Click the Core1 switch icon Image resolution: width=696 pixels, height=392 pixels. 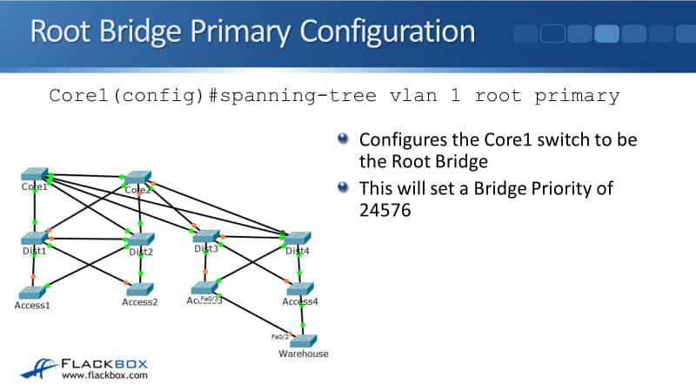pos(35,174)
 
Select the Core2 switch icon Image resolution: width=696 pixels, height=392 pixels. pos(138,177)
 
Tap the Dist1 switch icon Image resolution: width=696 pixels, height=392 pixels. pos(35,238)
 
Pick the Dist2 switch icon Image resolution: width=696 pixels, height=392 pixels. pos(140,240)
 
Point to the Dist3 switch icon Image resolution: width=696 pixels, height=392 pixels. pos(205,236)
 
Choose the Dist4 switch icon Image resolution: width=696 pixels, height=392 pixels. pos(298,238)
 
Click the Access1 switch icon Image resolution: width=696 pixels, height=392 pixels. pos(31,292)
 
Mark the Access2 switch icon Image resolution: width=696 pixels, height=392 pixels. pos(140,289)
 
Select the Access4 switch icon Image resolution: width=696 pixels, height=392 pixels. pos(299,288)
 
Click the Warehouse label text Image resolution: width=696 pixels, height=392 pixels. pos(303,355)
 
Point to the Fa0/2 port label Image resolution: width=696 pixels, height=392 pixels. pos(279,336)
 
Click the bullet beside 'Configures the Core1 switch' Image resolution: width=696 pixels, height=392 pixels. pos(344,138)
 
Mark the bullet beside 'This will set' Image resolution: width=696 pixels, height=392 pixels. pos(344,186)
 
